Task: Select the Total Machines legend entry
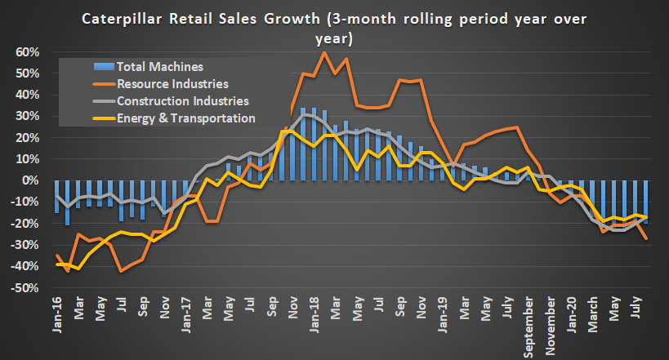159,66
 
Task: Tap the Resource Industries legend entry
172,83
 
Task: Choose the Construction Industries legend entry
182,101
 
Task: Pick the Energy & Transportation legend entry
186,118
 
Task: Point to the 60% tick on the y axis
28,52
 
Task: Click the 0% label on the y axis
31,180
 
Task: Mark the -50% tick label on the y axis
25,288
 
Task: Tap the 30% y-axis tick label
28,116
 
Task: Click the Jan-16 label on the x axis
58,315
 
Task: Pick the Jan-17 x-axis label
185,315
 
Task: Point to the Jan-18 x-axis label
313,315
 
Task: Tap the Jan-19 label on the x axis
441,315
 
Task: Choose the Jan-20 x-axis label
569,315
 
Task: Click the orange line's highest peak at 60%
324,52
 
